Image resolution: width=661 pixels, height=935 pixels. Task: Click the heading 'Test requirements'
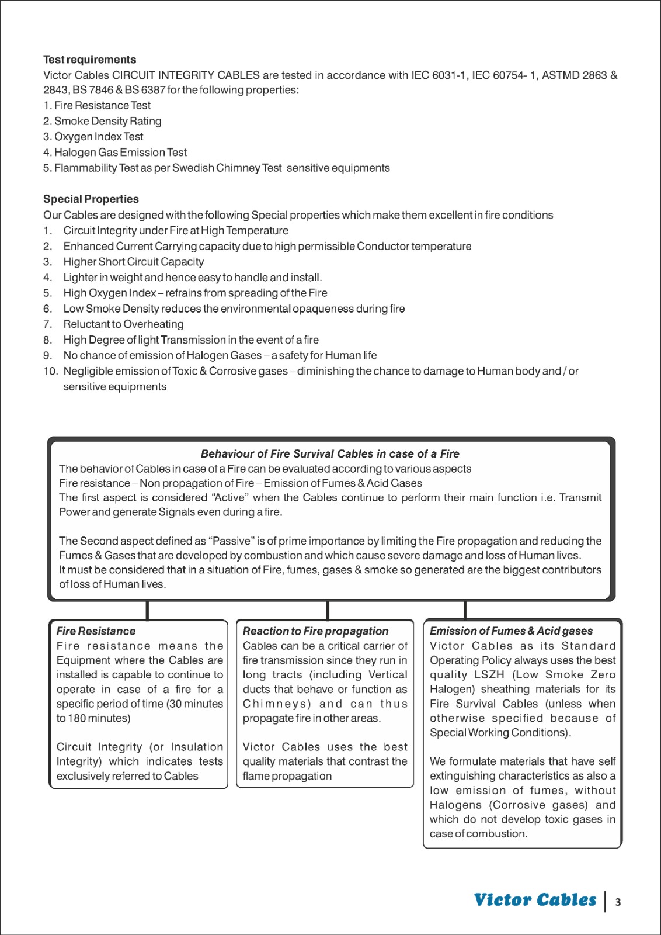point(89,60)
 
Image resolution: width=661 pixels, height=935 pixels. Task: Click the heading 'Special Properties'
point(91,199)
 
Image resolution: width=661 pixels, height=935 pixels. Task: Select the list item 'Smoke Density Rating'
point(107,121)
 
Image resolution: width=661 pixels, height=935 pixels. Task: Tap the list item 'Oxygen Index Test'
point(98,137)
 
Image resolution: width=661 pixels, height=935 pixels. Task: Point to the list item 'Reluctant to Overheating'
point(123,324)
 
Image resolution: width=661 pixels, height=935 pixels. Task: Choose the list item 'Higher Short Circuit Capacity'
point(134,262)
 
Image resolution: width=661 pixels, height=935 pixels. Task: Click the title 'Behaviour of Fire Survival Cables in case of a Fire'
point(330,454)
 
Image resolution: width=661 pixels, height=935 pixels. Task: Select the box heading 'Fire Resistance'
point(96,631)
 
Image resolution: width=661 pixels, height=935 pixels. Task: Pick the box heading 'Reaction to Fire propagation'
point(315,631)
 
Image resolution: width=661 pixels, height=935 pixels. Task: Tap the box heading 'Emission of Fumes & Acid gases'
point(511,631)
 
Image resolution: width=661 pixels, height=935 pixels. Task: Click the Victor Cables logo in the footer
point(535,900)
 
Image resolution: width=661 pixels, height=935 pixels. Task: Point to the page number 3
point(618,902)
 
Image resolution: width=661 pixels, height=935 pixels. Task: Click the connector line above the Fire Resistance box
point(147,611)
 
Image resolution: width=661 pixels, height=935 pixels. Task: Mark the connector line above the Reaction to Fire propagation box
point(328,611)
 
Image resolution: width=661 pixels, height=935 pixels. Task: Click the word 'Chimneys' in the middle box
point(277,704)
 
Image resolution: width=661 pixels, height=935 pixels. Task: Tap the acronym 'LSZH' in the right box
point(489,675)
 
